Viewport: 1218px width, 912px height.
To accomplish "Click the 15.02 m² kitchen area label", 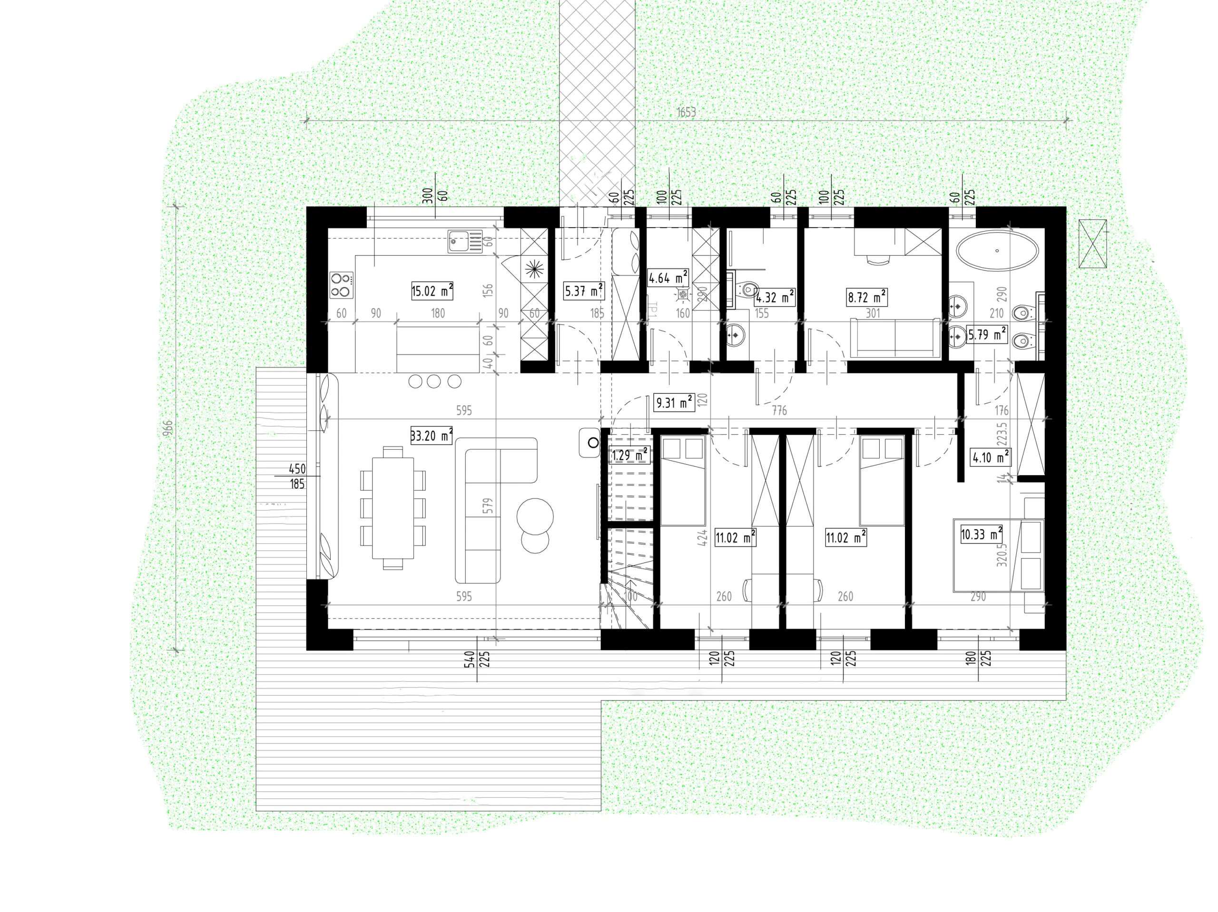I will [432, 290].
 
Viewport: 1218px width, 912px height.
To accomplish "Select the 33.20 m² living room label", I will [432, 436].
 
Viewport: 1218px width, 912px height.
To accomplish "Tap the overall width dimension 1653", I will [686, 112].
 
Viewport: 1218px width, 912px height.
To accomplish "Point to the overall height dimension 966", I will [168, 429].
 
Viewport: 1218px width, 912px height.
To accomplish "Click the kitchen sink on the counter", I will [464, 241].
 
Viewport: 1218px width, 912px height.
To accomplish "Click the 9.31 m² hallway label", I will [673, 403].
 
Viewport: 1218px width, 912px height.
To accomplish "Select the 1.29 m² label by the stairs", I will [629, 456].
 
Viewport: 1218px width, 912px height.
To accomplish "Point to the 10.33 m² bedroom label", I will [981, 534].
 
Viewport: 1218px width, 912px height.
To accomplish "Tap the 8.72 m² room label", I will [866, 298].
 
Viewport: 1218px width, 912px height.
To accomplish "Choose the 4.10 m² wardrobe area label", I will [990, 457].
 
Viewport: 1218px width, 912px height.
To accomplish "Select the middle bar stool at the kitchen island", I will [434, 381].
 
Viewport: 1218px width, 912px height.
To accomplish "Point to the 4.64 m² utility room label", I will [668, 277].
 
